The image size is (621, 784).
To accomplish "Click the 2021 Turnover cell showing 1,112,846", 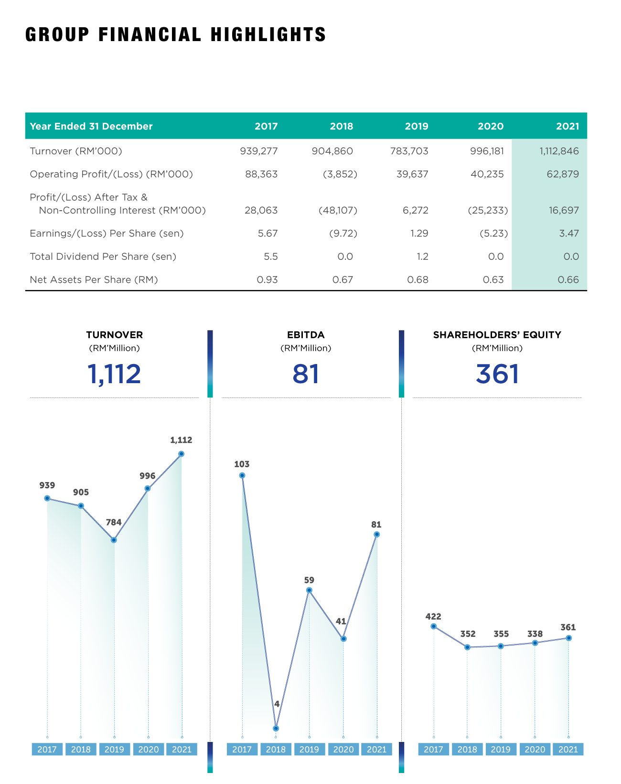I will click(x=559, y=151).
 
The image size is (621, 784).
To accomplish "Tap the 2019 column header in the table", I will click(x=417, y=127).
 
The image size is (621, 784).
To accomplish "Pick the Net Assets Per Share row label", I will click(x=94, y=280).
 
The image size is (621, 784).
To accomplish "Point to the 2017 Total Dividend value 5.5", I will click(x=271, y=257).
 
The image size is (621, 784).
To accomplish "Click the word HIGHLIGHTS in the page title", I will click(x=268, y=35).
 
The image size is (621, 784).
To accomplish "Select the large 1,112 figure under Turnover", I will click(x=114, y=374).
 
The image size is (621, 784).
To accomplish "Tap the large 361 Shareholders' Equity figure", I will click(x=497, y=374).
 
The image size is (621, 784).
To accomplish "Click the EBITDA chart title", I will click(x=306, y=335).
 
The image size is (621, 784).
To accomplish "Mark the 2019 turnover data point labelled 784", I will click(x=114, y=540).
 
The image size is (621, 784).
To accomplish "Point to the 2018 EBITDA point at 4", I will click(x=276, y=729).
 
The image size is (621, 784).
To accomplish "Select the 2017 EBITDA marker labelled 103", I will click(x=242, y=475).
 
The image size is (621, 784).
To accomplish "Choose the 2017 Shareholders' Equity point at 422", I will click(x=434, y=626).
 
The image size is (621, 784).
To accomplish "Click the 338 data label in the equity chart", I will click(x=535, y=634).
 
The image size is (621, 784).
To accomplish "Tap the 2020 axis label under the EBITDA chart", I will click(x=343, y=750).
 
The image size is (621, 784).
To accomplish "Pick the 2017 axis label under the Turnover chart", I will click(x=47, y=750).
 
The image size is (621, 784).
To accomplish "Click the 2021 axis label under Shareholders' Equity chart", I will click(x=568, y=750).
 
